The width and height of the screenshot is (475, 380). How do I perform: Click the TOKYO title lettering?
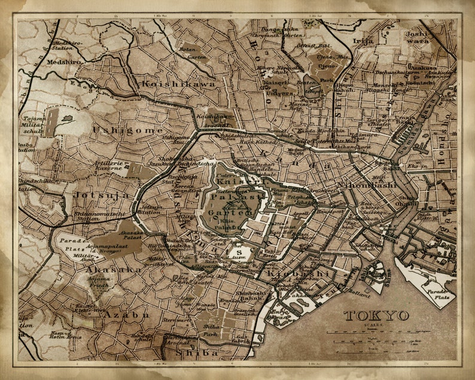(376, 315)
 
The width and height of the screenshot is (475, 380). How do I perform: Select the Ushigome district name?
(119, 129)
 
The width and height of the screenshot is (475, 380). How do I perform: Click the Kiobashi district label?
(303, 273)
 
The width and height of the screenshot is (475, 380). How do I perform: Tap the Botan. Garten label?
(196, 53)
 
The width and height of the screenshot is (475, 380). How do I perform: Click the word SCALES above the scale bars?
(370, 325)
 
